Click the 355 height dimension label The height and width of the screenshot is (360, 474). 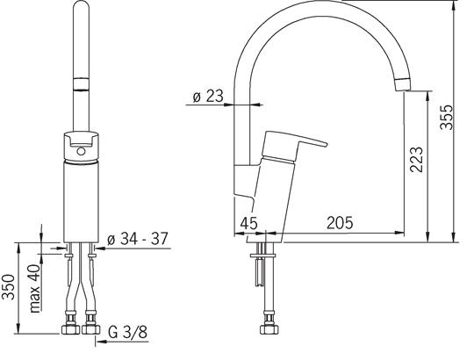447,118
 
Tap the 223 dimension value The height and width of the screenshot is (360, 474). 416,159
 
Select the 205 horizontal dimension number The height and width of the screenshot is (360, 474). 340,223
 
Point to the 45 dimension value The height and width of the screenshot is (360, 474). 248,223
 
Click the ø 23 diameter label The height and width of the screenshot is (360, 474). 208,96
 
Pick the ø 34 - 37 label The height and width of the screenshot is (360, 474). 138,239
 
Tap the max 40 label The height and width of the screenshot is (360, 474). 35,288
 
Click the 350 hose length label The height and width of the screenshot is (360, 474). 8,287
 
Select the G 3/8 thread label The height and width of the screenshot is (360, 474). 127,332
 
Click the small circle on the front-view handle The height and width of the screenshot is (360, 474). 81,151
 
